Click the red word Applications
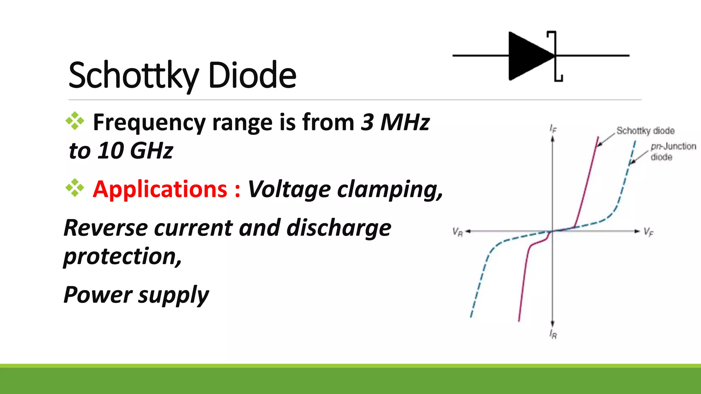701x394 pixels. [160, 189]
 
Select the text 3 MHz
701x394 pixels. [395, 122]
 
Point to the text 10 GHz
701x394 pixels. [135, 150]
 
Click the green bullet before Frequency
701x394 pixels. [75, 121]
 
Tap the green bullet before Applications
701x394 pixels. [75, 188]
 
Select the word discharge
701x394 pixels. [339, 228]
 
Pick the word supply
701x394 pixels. [173, 295]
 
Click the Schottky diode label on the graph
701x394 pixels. [645, 131]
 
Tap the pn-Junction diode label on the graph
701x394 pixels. [673, 152]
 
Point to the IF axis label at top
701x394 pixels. [553, 129]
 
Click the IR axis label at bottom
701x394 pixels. [553, 334]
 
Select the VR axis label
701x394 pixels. [458, 232]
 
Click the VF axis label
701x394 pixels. [648, 232]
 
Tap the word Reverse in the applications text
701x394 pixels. [105, 228]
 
